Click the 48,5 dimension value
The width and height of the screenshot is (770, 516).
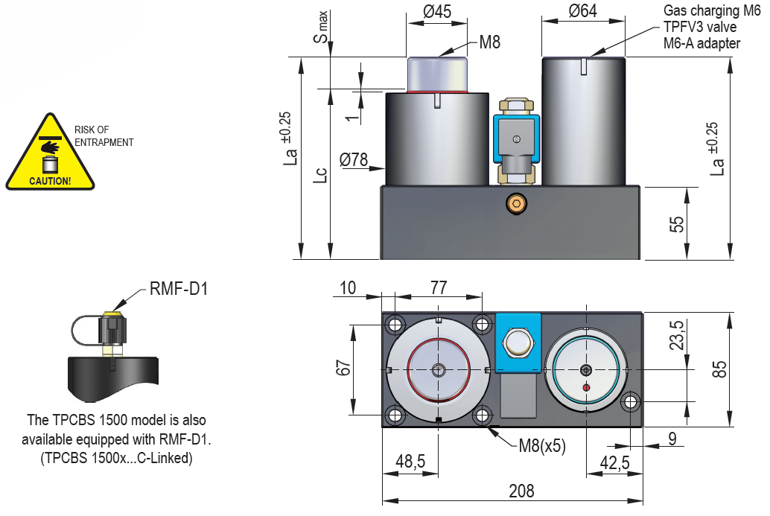410,462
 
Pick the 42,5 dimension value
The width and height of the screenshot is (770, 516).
615,462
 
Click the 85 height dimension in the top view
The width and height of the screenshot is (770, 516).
719,369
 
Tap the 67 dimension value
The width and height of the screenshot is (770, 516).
343,369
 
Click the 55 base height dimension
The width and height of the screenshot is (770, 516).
676,223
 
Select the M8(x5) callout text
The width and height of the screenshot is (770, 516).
542,446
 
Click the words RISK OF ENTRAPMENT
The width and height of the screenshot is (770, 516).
104,136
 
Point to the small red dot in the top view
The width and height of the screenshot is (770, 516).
587,388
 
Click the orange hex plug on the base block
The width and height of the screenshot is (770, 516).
515,203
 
